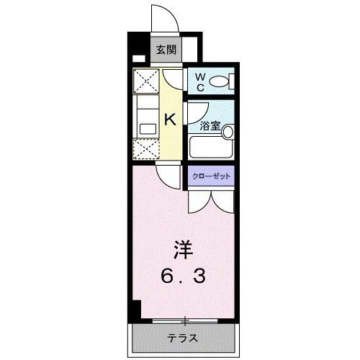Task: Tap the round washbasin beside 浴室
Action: point(228,132)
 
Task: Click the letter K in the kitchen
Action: point(171,120)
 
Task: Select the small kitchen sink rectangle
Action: point(148,129)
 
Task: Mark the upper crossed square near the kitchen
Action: point(148,81)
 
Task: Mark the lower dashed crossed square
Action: point(148,150)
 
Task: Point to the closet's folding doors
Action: point(212,202)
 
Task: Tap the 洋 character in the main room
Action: point(182,251)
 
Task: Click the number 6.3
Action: point(182,275)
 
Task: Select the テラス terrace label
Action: point(184,337)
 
